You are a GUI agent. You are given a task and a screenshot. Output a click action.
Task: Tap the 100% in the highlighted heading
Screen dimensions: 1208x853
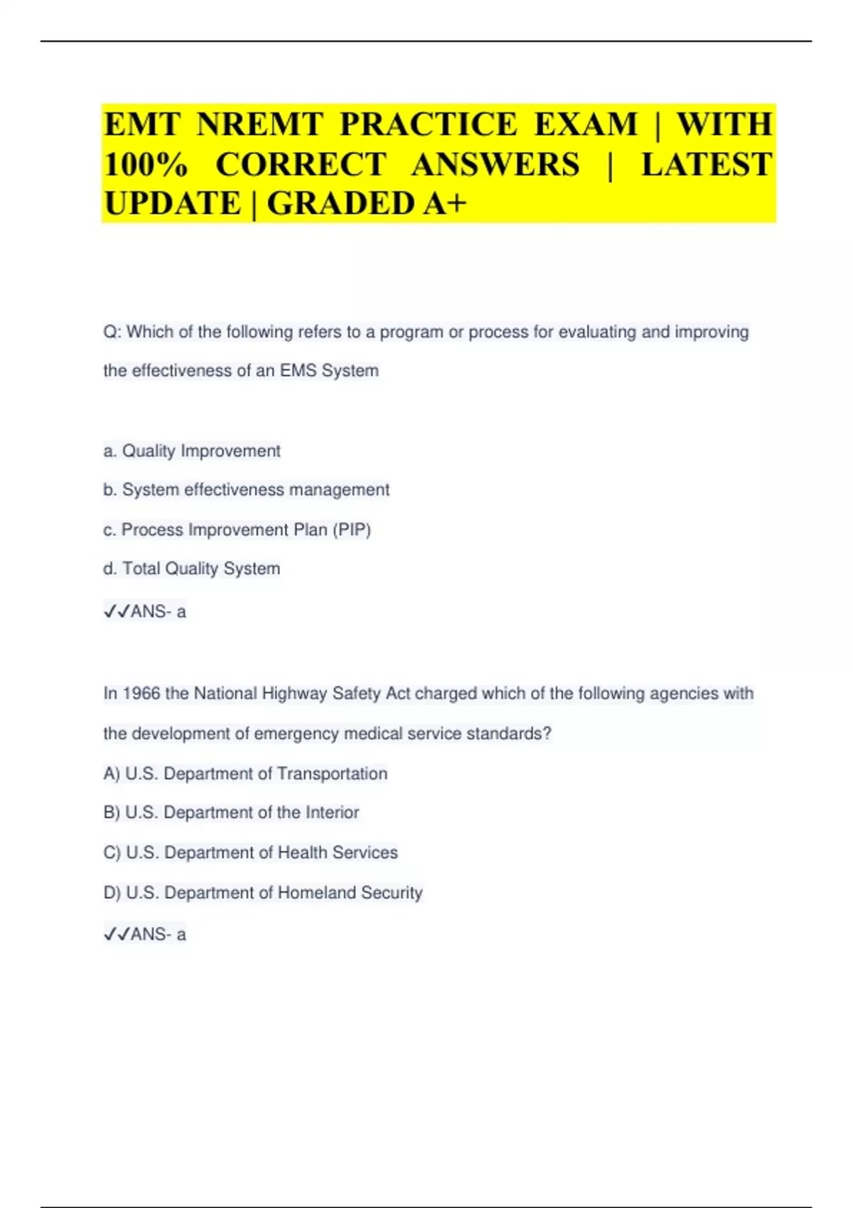146,165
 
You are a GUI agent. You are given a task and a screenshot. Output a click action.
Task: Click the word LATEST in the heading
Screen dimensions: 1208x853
706,165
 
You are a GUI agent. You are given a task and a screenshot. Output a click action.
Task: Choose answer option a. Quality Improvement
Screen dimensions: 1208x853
192,451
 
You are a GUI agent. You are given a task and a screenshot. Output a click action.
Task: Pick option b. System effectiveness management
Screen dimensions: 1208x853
247,490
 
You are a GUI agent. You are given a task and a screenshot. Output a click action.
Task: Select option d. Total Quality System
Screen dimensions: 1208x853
192,569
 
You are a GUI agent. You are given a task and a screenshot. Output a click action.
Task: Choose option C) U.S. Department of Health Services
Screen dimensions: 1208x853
250,853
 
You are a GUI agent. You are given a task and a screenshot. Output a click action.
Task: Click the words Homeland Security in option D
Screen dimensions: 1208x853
350,893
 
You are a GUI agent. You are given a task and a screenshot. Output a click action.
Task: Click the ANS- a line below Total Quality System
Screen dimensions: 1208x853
145,612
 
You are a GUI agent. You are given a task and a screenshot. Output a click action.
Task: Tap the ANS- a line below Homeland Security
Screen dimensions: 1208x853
145,934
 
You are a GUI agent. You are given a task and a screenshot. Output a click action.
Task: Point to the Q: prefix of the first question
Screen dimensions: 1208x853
112,333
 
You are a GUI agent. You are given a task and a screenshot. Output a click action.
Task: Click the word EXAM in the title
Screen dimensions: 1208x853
586,124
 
